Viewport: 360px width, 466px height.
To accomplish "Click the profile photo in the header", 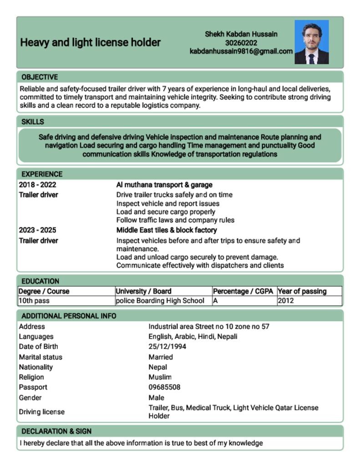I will pyautogui.click(x=311, y=42).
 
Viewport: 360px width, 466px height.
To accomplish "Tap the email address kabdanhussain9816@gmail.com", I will pyautogui.click(x=241, y=51).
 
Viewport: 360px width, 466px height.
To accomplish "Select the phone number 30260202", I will pyautogui.click(x=241, y=43).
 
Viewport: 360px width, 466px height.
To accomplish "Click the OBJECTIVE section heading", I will pyautogui.click(x=40, y=77).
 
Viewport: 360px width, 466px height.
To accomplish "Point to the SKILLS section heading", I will pyautogui.click(x=33, y=122).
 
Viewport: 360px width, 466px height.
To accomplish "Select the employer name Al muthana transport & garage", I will pyautogui.click(x=164, y=185).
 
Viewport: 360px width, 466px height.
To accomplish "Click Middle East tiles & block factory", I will pyautogui.click(x=167, y=230).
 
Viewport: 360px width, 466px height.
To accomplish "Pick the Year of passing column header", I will pyautogui.click(x=302, y=291).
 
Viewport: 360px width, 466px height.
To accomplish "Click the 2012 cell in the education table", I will pyautogui.click(x=285, y=301).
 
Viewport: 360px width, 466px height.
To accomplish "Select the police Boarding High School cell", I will pyautogui.click(x=160, y=301).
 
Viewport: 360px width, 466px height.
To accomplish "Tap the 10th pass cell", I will pyautogui.click(x=34, y=301).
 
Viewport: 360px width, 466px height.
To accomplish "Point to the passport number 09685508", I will pyautogui.click(x=164, y=387).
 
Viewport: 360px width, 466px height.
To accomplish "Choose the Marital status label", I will pyautogui.click(x=41, y=357).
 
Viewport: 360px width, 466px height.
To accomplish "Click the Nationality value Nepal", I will pyautogui.click(x=157, y=367).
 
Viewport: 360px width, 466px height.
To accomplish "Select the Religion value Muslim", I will pyautogui.click(x=160, y=377).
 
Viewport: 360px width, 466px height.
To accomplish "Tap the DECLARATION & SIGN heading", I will pyautogui.click(x=56, y=431).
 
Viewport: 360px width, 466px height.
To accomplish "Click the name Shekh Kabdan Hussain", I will pyautogui.click(x=241, y=34).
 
